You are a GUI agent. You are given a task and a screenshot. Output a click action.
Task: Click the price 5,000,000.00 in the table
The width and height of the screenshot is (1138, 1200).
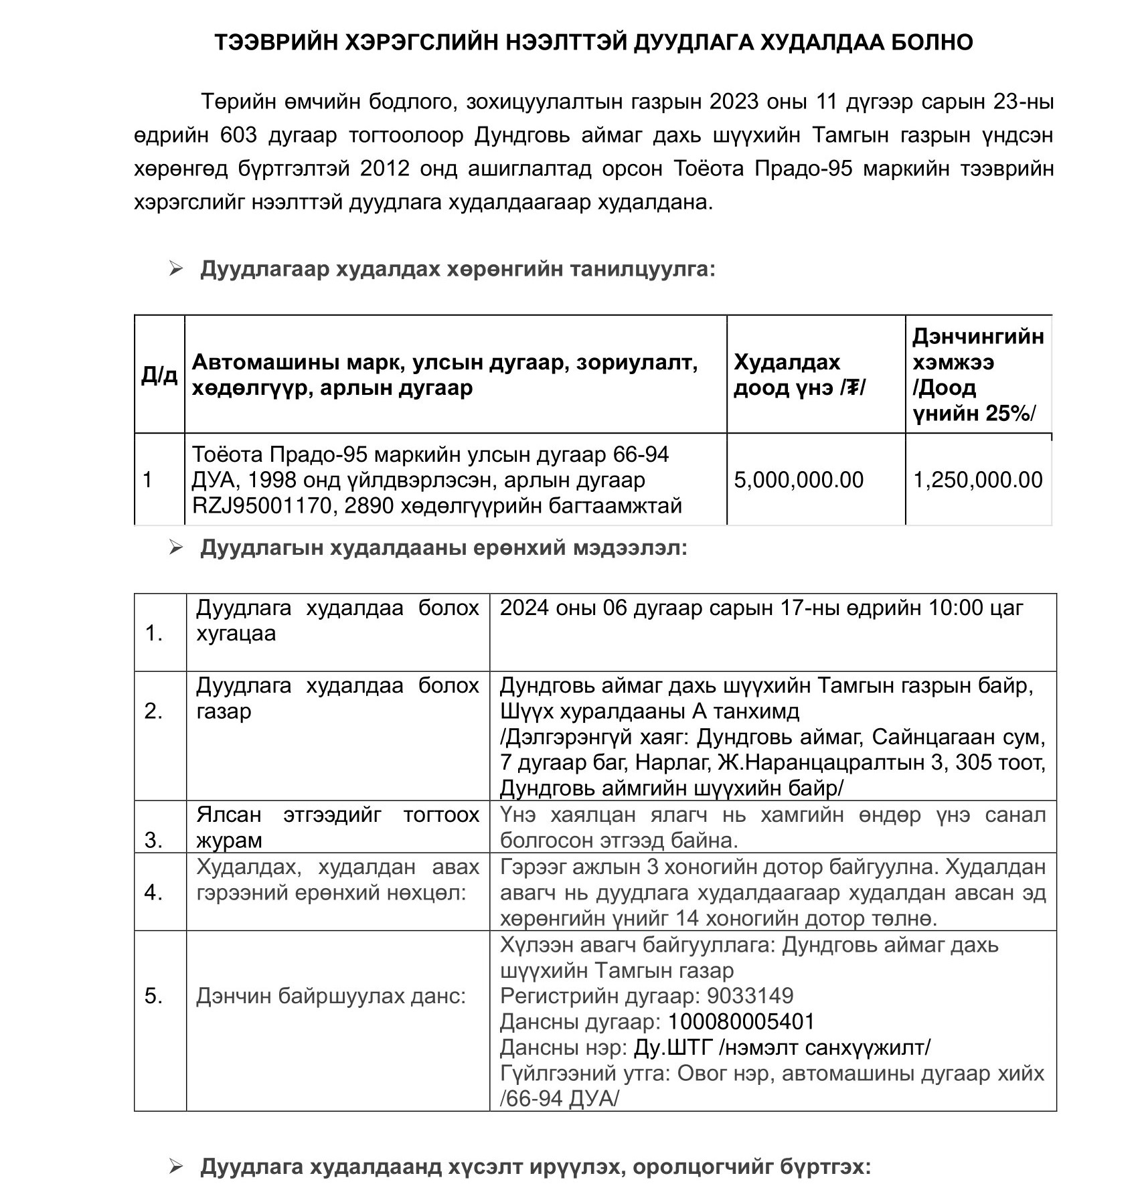click(799, 480)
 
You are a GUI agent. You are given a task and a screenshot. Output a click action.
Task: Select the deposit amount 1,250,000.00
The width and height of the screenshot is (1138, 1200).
click(978, 480)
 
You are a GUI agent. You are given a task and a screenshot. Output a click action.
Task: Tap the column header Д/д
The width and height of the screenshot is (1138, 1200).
click(159, 375)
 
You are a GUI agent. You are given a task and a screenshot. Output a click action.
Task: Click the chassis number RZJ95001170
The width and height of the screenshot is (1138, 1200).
click(261, 505)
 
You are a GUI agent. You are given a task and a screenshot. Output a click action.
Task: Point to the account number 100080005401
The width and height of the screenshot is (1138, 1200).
click(741, 1022)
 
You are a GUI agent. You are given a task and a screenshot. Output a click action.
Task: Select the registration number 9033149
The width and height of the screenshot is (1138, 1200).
click(750, 996)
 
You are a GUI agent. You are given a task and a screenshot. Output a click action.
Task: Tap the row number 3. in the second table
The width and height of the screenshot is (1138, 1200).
click(154, 840)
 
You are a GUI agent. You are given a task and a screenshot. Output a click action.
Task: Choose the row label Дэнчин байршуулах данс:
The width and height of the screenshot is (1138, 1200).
click(331, 996)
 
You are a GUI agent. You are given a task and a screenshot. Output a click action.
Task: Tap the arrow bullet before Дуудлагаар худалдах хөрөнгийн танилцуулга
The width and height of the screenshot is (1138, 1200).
click(176, 269)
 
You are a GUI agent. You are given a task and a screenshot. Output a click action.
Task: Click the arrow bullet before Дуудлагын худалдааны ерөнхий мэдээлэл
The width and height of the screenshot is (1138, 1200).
click(176, 548)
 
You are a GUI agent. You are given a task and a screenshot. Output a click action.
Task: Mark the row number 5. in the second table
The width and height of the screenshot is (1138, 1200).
click(154, 996)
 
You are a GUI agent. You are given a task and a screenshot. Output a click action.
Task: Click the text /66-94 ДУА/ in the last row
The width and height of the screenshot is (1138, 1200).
click(560, 1099)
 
